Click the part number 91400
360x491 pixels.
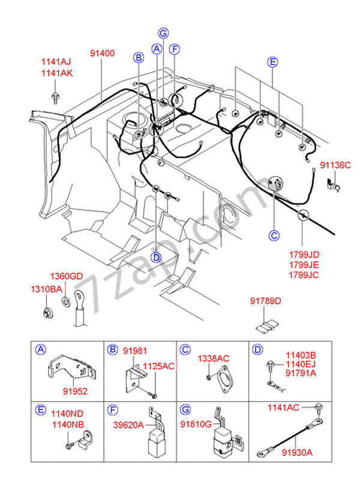102,53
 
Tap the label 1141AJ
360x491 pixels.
56,62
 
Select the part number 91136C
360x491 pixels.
334,165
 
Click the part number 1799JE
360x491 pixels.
302,264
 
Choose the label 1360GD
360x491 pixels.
66,277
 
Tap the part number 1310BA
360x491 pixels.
46,290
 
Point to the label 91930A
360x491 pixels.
298,453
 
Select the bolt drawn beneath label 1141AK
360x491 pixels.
56,97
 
